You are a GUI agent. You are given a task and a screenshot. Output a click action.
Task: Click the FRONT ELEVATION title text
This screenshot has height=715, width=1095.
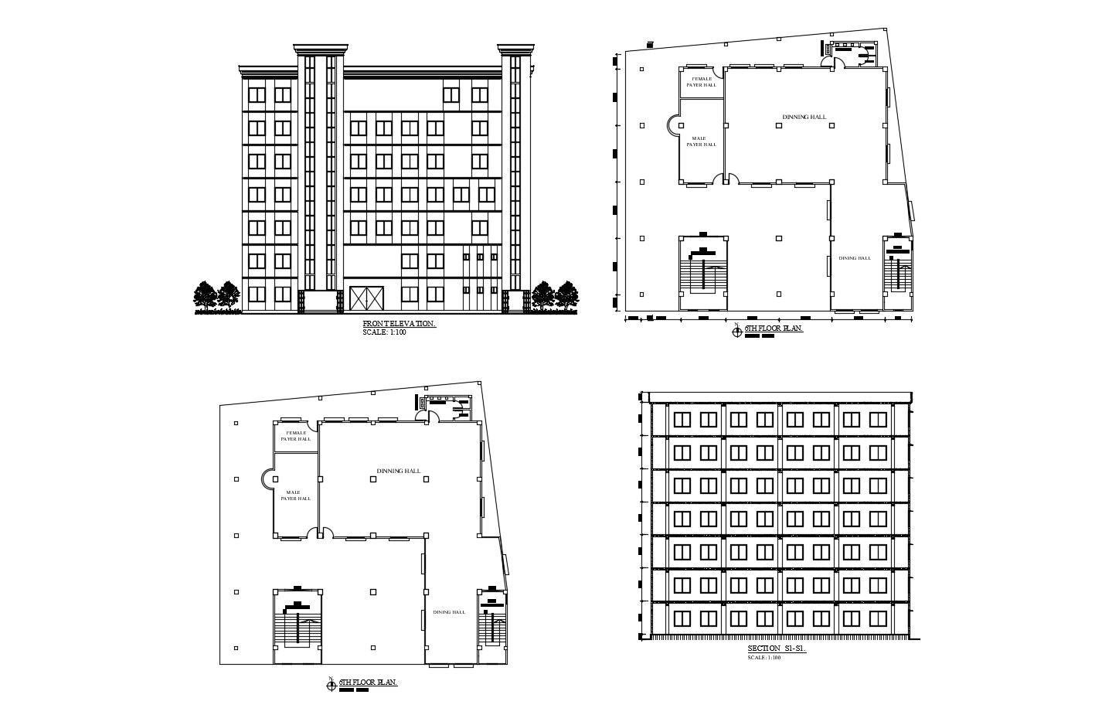(x=399, y=324)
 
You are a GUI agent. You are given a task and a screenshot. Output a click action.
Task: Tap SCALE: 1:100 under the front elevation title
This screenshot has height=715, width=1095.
(x=383, y=332)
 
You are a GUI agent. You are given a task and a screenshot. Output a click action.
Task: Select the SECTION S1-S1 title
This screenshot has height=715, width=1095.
(x=777, y=649)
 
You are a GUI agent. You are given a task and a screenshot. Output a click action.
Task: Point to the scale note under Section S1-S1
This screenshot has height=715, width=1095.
(x=764, y=658)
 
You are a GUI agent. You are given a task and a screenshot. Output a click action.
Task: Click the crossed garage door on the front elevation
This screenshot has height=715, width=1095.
(x=367, y=298)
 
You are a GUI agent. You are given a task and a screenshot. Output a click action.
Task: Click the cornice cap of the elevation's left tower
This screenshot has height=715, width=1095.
(x=318, y=49)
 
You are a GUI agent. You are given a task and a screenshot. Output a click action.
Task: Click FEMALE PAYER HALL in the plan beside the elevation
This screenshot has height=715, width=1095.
(x=702, y=81)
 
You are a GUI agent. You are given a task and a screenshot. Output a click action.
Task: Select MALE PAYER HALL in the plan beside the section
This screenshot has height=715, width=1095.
(x=296, y=495)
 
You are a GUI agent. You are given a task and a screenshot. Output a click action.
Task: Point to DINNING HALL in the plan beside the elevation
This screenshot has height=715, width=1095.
(x=804, y=117)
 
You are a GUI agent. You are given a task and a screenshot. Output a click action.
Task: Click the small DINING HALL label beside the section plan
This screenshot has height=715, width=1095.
(x=449, y=612)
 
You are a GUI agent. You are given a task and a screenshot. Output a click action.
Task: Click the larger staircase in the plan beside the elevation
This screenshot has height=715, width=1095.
(x=702, y=272)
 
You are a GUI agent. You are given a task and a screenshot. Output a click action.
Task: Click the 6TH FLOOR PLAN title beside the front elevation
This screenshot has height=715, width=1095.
(x=774, y=329)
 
